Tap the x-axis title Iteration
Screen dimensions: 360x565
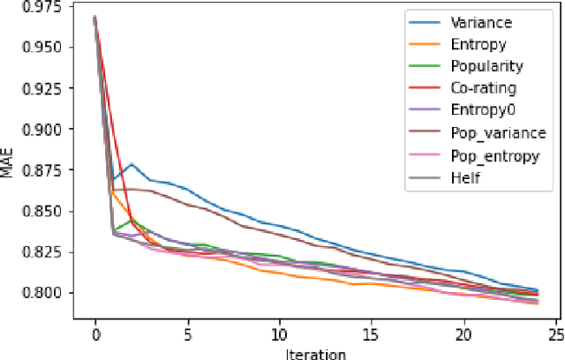(x=317, y=352)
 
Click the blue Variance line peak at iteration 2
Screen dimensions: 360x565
(x=132, y=164)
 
